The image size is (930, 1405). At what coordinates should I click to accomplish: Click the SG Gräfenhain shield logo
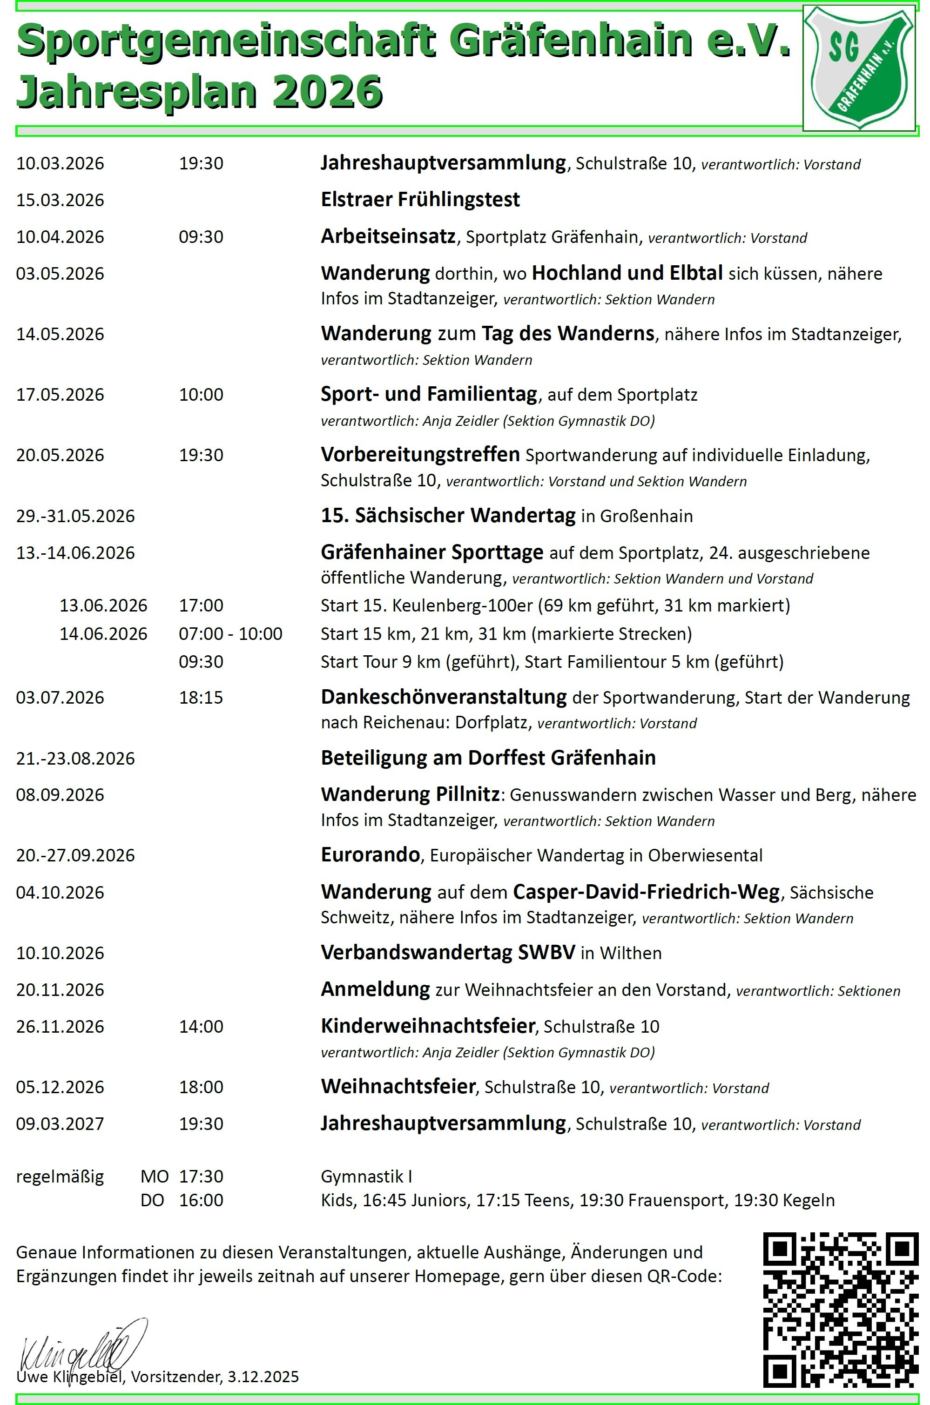[859, 67]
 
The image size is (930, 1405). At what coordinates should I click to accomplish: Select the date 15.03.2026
[60, 200]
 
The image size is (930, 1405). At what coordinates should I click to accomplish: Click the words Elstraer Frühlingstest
[420, 200]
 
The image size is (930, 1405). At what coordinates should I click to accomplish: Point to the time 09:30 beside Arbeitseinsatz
[201, 237]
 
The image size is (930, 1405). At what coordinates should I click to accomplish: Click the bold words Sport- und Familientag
[429, 394]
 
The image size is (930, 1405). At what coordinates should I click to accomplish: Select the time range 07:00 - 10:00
[231, 634]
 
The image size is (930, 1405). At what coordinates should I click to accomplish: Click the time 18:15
[201, 697]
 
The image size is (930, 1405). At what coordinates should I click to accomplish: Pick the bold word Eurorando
[370, 855]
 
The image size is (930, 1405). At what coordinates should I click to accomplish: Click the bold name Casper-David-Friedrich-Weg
[646, 892]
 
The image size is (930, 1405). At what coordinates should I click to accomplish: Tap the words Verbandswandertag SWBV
[448, 953]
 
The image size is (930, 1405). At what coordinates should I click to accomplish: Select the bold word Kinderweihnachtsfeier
[428, 1026]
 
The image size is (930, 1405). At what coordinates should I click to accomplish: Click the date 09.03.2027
[60, 1124]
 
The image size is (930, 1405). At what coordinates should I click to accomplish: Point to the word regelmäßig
[60, 1177]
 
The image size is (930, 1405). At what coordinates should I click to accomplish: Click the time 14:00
[201, 1027]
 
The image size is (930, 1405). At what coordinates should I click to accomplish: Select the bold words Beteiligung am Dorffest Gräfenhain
[488, 758]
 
